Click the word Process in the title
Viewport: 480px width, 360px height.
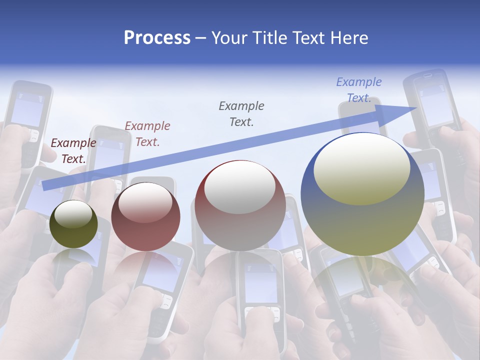(x=157, y=37)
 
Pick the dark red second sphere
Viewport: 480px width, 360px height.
(x=145, y=217)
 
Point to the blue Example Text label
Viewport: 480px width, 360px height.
(x=359, y=90)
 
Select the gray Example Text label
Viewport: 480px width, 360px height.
(x=241, y=113)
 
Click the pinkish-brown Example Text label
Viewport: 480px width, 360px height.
(x=147, y=133)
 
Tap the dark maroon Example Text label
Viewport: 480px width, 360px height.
(x=73, y=150)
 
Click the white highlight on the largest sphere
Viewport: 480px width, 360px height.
(x=361, y=169)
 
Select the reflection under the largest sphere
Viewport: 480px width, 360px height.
(x=362, y=280)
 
